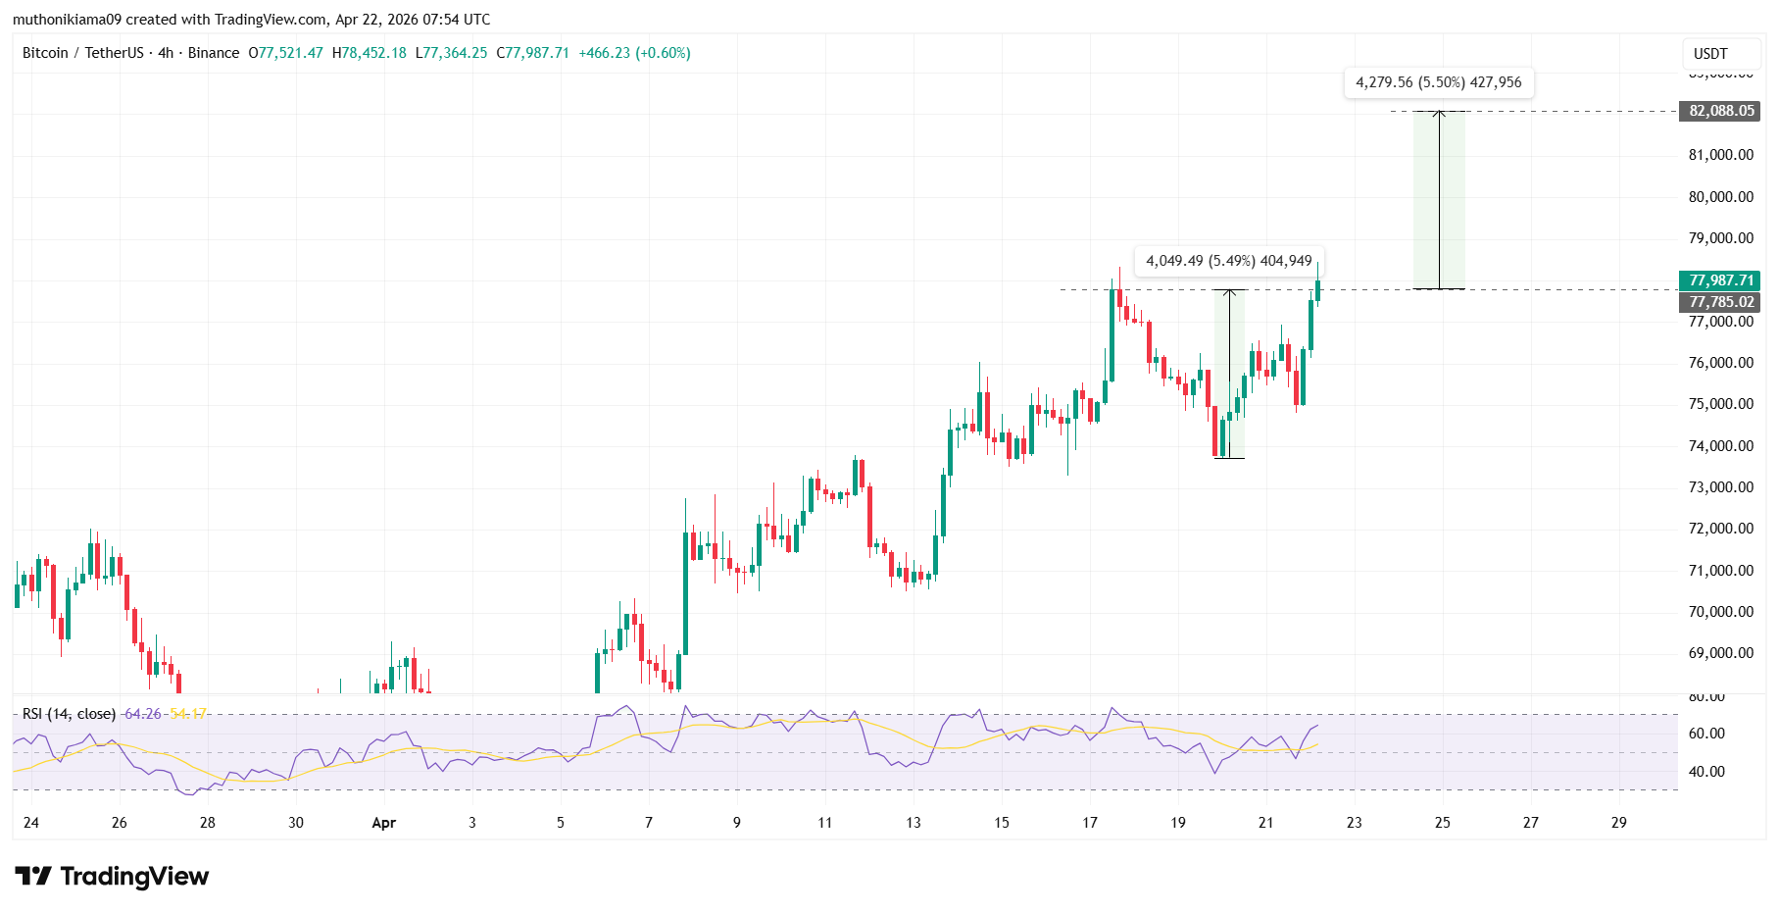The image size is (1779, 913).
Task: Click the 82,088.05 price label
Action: [1721, 111]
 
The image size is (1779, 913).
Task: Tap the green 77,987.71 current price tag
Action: [1721, 280]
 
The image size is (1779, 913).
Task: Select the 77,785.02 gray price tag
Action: [1721, 302]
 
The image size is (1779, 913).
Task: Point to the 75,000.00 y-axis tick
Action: [1720, 404]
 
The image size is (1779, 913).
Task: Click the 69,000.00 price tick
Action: [1720, 653]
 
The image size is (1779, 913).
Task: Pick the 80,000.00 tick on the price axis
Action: [1720, 197]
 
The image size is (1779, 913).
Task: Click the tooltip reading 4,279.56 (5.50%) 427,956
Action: [1438, 82]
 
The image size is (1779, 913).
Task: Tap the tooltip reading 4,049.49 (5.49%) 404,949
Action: [1228, 261]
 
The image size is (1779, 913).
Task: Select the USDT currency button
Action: [1710, 54]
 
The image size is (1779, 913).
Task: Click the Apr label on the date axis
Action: [383, 823]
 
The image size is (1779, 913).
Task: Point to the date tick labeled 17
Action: [1089, 823]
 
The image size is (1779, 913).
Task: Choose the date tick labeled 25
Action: [1442, 823]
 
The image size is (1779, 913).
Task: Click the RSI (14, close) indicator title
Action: [69, 714]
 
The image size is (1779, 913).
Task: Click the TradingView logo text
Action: [133, 877]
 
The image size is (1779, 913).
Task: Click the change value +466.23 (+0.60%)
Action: [634, 53]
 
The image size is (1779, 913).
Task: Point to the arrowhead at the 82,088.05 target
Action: [1439, 114]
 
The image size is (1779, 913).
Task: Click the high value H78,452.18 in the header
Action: [370, 53]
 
